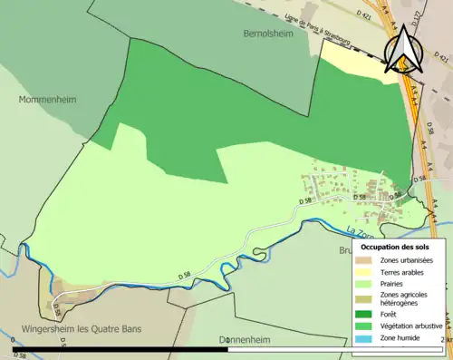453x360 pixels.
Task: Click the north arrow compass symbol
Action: click(x=402, y=47)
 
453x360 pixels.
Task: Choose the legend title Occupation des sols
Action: click(x=395, y=247)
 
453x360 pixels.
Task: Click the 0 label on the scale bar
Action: click(x=14, y=339)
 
